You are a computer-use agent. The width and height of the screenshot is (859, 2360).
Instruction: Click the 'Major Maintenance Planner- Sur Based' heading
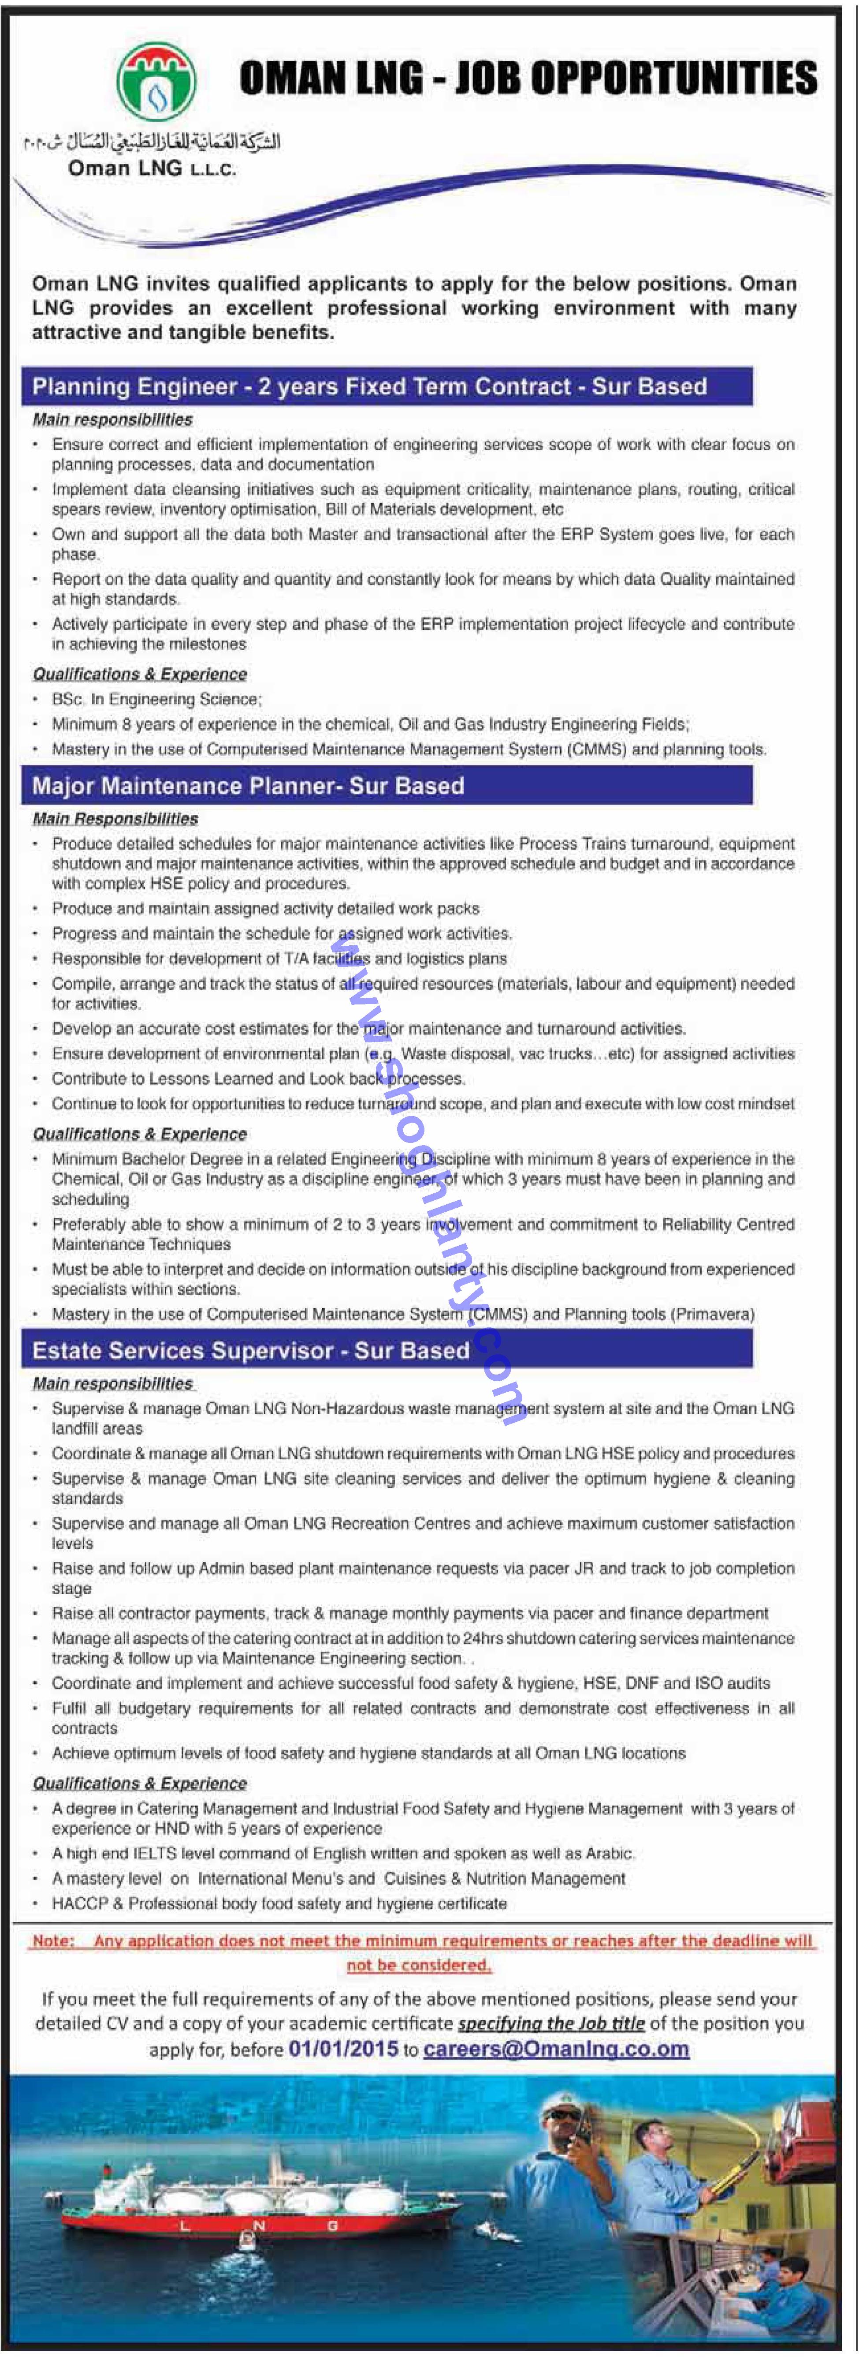[248, 786]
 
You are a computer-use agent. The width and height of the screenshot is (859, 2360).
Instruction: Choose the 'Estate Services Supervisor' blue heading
[250, 1350]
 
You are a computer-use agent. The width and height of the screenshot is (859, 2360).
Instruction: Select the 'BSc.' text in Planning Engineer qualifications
[68, 699]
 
